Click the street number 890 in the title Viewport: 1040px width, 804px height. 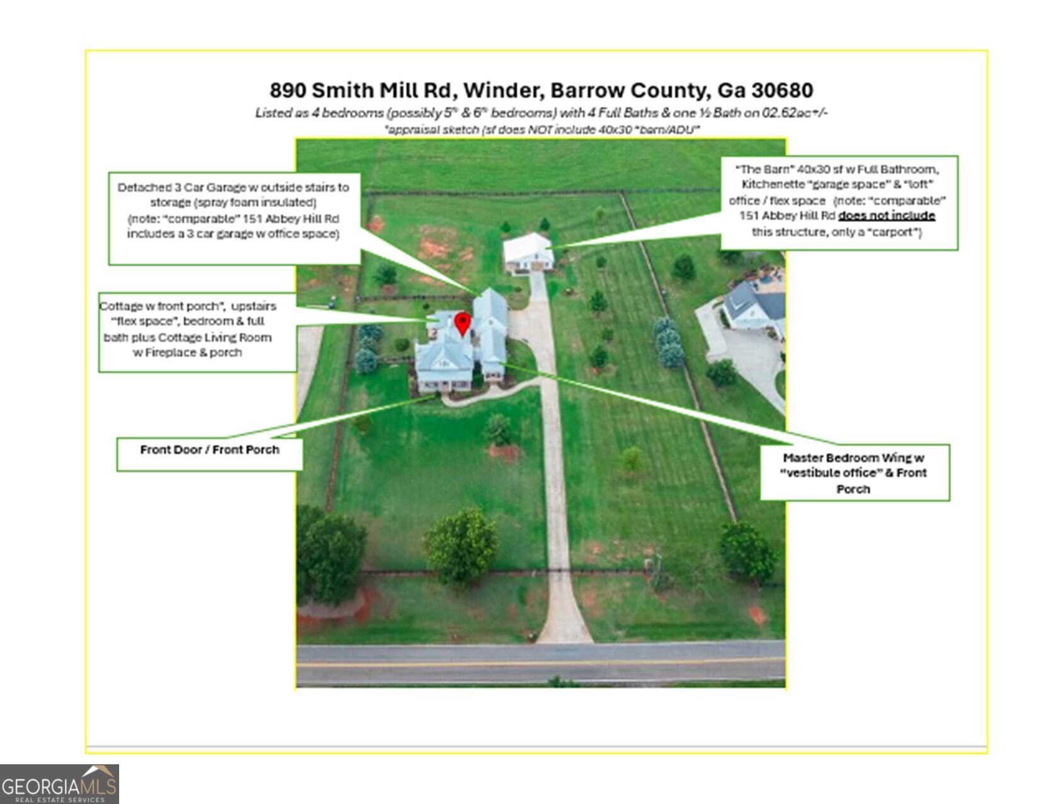[287, 90]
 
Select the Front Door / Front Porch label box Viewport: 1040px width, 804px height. [209, 453]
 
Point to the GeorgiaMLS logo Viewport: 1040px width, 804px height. [59, 784]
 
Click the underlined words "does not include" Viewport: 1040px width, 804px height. [886, 216]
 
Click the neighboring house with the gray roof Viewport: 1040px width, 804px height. [753, 306]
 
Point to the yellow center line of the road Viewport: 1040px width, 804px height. [541, 664]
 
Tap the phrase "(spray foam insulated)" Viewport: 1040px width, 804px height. [233, 202]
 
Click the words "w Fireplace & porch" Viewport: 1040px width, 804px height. [187, 352]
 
